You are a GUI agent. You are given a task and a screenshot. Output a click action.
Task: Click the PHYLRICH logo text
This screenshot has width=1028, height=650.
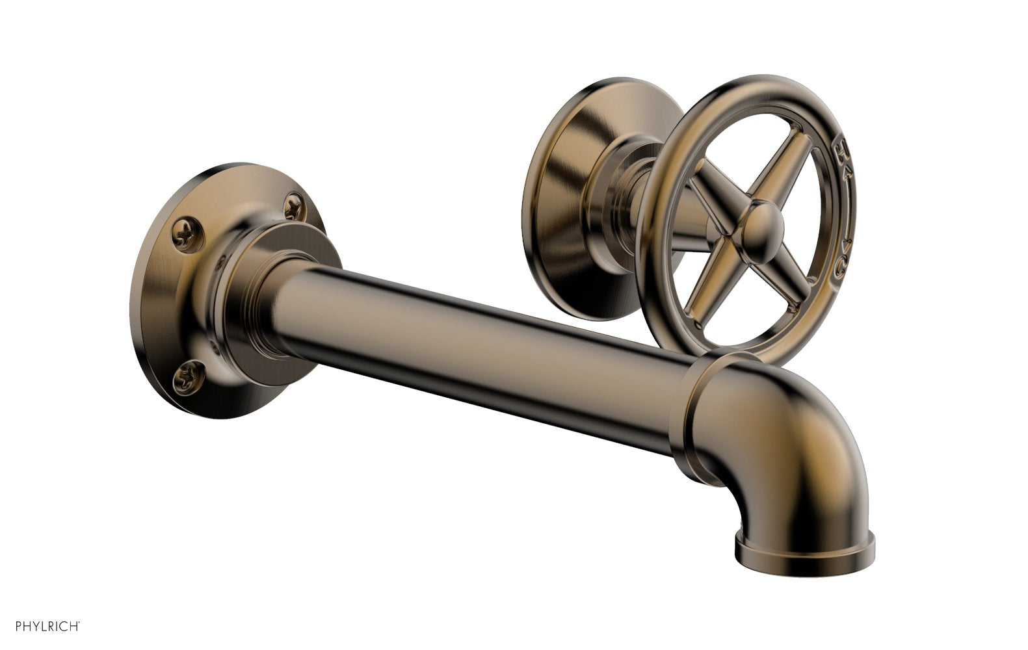pyautogui.click(x=40, y=627)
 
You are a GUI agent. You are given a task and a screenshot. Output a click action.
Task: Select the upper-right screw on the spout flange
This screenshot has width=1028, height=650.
pyautogui.click(x=294, y=207)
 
